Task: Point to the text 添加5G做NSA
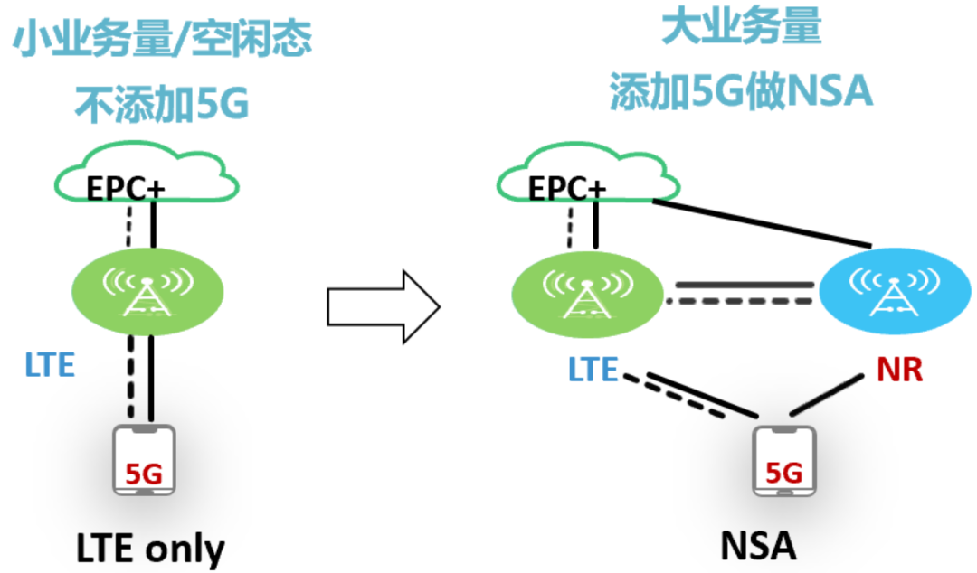pyautogui.click(x=741, y=92)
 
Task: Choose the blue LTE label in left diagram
pyautogui.click(x=49, y=366)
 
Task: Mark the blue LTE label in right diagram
pyautogui.click(x=593, y=370)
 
